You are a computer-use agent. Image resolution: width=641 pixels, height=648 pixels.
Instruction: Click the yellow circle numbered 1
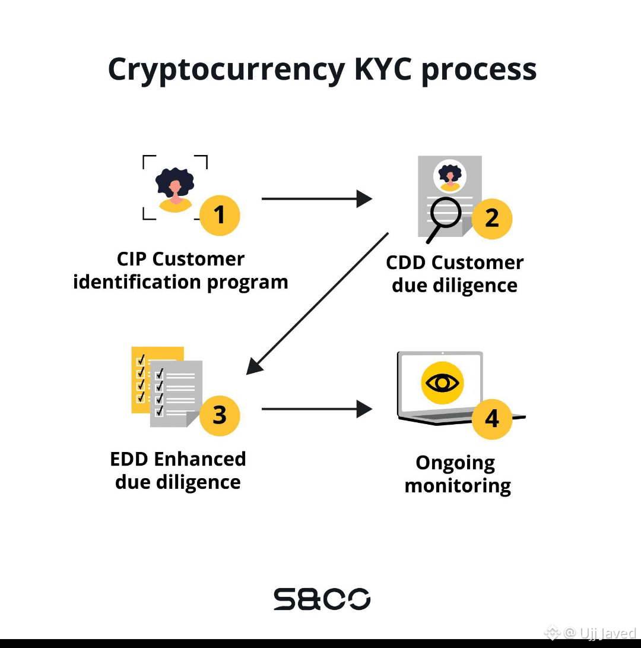point(220,216)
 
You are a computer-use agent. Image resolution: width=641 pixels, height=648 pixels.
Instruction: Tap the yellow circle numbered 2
point(492,219)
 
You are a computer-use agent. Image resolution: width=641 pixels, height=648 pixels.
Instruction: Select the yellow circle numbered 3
point(220,415)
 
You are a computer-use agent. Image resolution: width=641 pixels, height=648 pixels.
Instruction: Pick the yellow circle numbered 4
point(492,419)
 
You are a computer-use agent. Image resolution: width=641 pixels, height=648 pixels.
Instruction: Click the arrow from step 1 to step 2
point(317,199)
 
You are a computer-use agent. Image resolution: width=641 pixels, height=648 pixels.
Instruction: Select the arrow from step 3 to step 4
point(317,409)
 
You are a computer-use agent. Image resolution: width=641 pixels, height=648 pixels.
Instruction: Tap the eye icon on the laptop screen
point(442,383)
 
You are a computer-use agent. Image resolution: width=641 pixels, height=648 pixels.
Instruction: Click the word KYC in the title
point(383,69)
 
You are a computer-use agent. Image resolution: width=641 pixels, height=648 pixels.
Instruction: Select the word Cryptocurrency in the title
point(226,70)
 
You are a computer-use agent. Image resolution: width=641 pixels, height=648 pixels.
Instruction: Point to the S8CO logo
point(322,599)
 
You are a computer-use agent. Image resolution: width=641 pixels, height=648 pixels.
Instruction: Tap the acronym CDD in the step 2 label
point(405,263)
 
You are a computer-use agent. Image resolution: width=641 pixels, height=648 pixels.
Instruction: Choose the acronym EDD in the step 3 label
point(129,459)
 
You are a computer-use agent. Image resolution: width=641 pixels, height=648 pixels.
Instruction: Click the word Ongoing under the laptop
point(455,463)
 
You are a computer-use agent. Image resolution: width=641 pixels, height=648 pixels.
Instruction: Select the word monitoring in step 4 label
point(458,486)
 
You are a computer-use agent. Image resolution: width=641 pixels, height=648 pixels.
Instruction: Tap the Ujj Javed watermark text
point(608,633)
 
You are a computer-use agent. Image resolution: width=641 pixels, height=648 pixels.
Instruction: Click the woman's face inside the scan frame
point(176,187)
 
